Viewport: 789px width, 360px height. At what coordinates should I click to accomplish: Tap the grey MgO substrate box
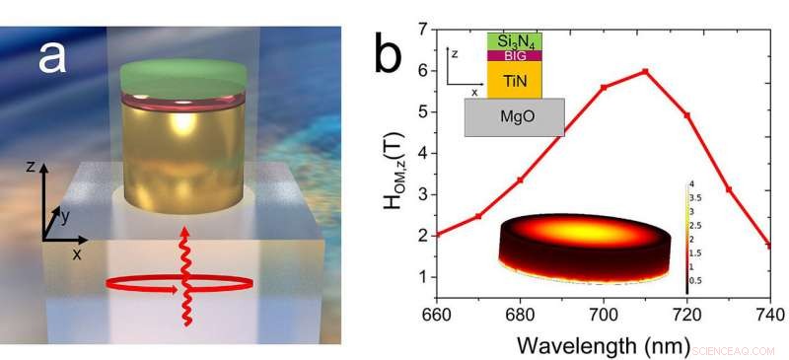513,116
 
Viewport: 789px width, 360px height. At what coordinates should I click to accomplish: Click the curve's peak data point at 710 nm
645,71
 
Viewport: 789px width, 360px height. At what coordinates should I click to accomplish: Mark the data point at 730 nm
729,189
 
